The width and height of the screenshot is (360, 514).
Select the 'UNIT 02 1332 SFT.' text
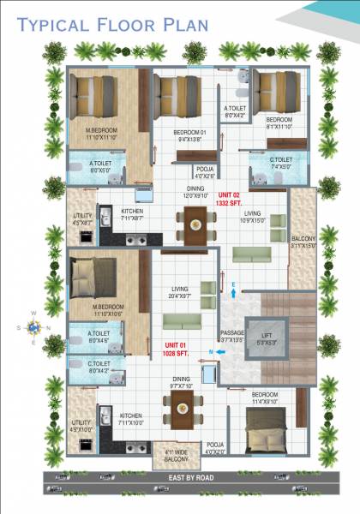click(232, 199)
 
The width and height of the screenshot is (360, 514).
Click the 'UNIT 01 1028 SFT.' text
click(177, 347)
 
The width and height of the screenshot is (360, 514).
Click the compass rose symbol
click(33, 326)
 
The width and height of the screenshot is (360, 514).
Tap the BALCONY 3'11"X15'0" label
click(303, 242)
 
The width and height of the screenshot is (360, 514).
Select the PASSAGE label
click(233, 336)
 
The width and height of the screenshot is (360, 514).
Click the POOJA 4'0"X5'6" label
click(205, 172)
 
